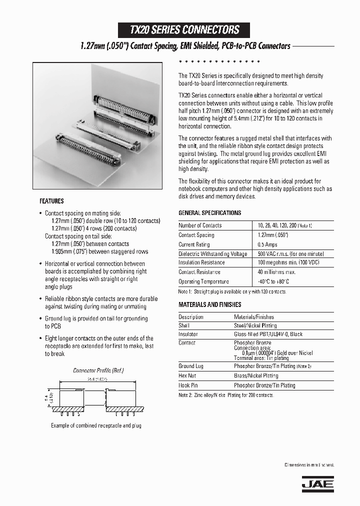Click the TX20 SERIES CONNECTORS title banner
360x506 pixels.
(x=184, y=30)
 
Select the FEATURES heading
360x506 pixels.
(x=51, y=201)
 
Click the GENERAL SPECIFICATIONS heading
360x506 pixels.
(x=209, y=213)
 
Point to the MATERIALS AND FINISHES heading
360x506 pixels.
(x=209, y=304)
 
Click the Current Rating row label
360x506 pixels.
(x=194, y=244)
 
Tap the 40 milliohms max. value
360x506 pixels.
(x=276, y=272)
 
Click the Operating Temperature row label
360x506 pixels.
(x=203, y=281)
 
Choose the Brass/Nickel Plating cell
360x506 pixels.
(x=256, y=375)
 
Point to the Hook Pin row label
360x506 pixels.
(x=188, y=385)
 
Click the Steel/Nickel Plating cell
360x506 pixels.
(x=255, y=325)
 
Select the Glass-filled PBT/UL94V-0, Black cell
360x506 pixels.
(x=268, y=334)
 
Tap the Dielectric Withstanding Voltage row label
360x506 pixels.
(x=212, y=254)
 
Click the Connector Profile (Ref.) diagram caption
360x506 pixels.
(x=98, y=370)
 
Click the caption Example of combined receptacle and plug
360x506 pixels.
(x=96, y=425)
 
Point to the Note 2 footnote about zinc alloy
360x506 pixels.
(x=226, y=395)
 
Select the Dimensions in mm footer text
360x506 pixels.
(x=309, y=465)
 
